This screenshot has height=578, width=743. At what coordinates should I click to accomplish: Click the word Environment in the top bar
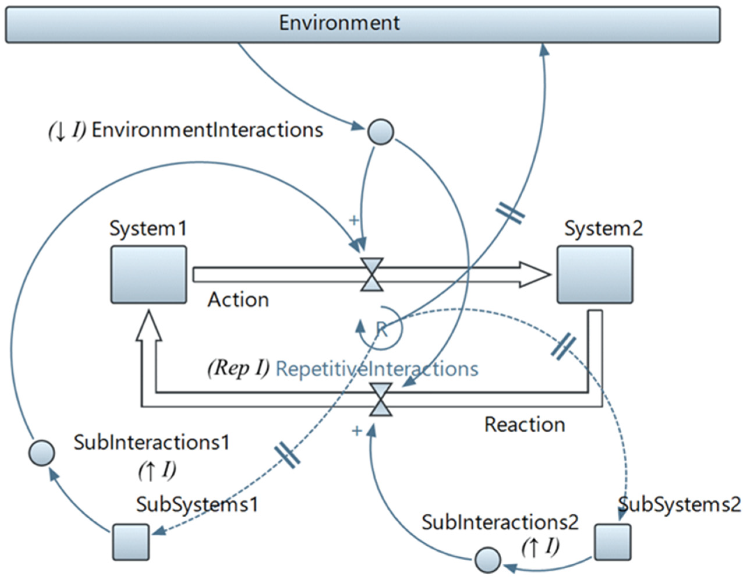click(339, 23)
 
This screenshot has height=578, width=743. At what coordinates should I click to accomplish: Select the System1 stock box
click(149, 274)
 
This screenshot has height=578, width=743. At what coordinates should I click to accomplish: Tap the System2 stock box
click(595, 274)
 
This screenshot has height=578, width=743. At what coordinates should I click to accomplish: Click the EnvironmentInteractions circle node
click(381, 132)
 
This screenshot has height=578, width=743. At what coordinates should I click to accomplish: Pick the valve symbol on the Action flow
click(372, 275)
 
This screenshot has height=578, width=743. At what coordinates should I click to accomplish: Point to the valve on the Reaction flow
click(381, 400)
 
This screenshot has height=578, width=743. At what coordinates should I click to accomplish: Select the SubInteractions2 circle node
click(487, 560)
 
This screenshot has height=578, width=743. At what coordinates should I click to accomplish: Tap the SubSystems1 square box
click(131, 542)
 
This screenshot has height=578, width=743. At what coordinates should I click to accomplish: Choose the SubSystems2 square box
click(613, 542)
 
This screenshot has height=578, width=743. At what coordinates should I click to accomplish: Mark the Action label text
click(238, 300)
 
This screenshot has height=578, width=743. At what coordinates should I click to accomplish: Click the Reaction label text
click(524, 425)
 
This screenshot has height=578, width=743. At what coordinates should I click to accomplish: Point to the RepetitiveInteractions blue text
click(377, 369)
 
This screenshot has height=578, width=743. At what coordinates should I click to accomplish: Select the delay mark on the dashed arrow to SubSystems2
click(564, 348)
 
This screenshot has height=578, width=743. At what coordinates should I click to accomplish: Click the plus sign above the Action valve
click(354, 220)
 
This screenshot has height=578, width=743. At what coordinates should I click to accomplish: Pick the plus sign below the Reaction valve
click(357, 431)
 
